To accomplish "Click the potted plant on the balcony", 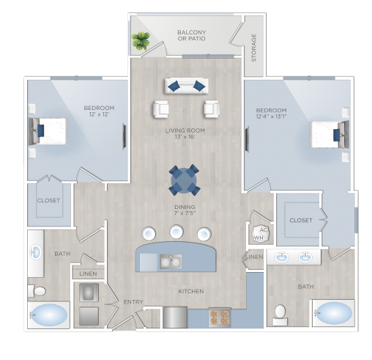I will pos(141,41).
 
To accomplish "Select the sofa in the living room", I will pos(185,85).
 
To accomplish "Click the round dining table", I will pos(184,180).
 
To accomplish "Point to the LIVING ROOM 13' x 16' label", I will pos(185,134).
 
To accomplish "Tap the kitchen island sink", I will pos(171,261).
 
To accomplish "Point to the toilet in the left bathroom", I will pos(37,292).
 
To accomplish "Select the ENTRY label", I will pos(133,302).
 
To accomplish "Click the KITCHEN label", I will pos(190,291).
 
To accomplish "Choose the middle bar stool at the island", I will pos(176,232).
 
